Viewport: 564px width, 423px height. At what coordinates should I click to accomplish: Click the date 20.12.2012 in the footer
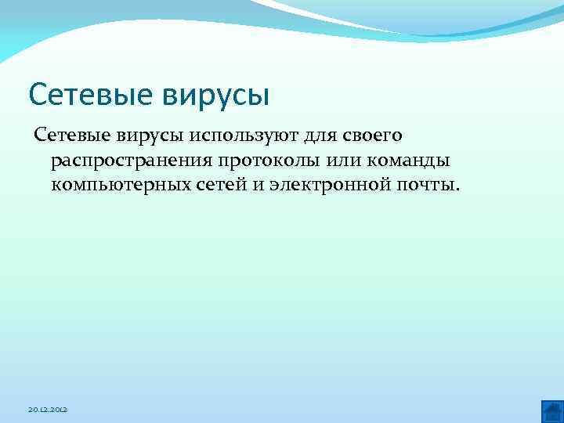tap(49, 410)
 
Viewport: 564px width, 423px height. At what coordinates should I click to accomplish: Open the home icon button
tap(551, 410)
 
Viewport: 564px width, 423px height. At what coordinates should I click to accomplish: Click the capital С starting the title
tap(37, 95)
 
